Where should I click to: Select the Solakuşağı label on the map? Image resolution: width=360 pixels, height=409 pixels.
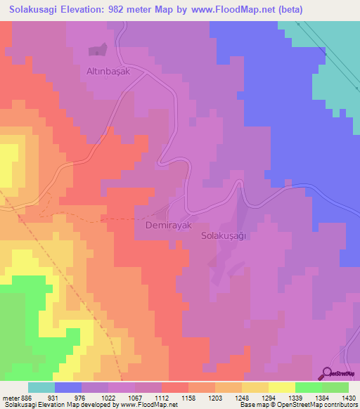pos(223,236)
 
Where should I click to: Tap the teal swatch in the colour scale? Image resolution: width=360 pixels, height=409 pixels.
pos(41,387)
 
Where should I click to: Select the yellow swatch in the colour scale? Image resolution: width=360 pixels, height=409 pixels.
pos(282,387)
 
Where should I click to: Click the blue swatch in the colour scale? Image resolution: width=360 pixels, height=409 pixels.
pos(68,387)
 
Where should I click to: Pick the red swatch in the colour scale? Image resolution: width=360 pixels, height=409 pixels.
pos(175,387)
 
